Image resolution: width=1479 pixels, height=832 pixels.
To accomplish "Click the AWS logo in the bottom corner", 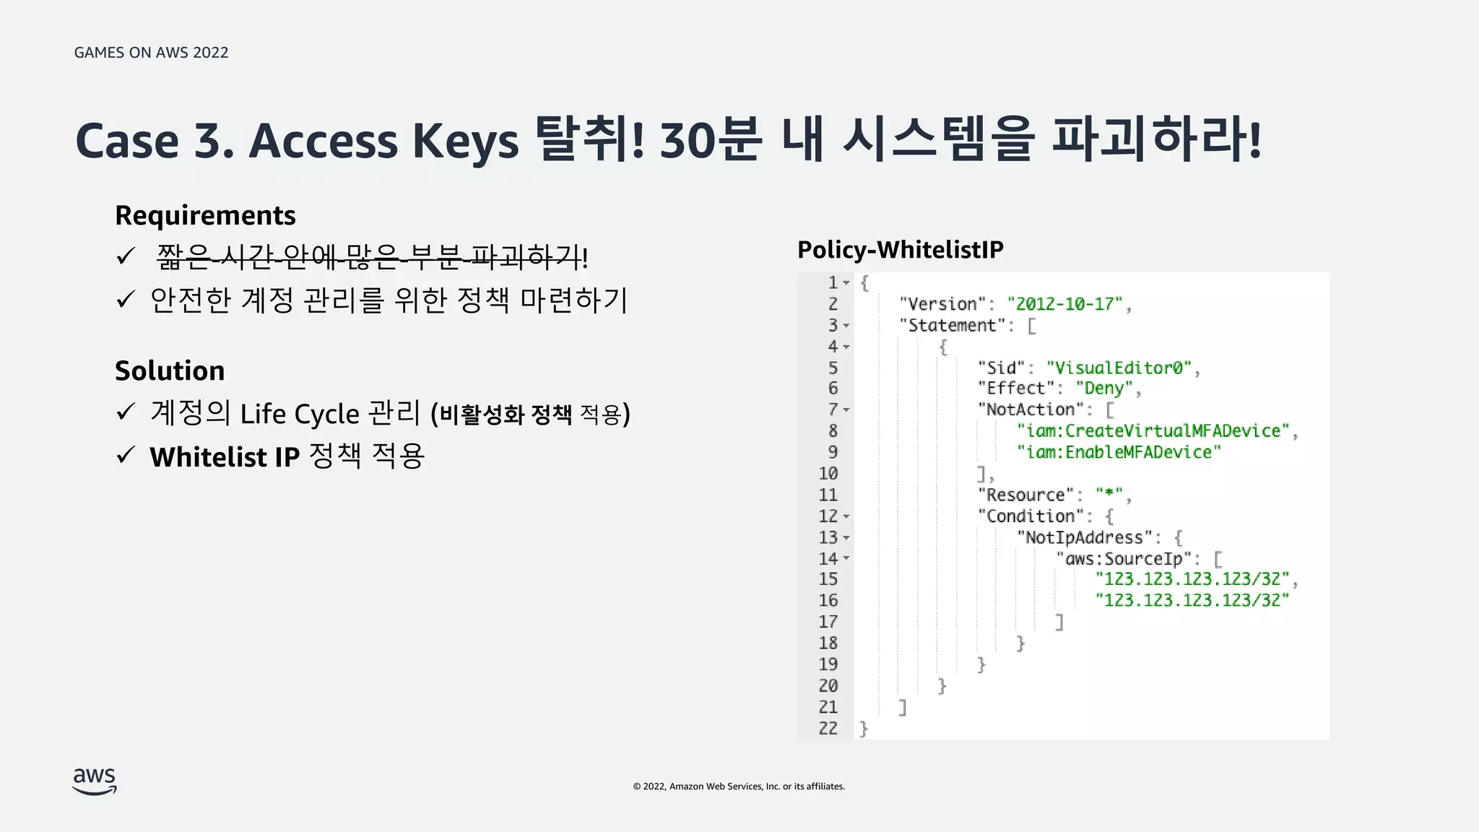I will click(x=95, y=781).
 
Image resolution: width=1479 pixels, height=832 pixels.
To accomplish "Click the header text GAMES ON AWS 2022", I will click(x=151, y=53).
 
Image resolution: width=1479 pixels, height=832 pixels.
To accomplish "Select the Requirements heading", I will click(x=205, y=215).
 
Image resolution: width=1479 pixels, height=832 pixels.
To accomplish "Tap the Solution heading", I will click(x=170, y=370).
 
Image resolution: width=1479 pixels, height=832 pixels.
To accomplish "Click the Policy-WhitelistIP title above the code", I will click(x=900, y=249).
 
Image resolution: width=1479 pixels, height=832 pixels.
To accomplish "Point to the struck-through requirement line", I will click(x=372, y=257).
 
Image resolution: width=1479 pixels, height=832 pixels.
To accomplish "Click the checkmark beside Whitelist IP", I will click(x=126, y=456).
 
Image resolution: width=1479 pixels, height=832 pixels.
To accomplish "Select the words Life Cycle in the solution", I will click(x=300, y=414).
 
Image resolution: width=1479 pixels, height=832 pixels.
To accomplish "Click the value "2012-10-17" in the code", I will click(x=1064, y=304).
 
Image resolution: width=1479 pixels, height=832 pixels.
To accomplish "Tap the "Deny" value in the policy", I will click(x=1104, y=389).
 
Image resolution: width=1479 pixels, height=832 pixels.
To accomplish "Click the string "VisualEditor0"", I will click(x=1118, y=368).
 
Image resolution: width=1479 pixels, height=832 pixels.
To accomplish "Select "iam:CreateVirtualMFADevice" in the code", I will click(x=1153, y=431).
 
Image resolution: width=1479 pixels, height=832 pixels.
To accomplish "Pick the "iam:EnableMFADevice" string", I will click(x=1119, y=452).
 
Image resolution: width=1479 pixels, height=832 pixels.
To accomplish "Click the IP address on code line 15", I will click(x=1192, y=579).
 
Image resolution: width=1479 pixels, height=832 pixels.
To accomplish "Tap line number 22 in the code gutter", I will click(x=828, y=728).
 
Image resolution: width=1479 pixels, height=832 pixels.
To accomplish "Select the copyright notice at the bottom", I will click(x=739, y=786).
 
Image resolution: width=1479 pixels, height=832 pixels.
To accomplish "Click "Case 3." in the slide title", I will click(x=154, y=141).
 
